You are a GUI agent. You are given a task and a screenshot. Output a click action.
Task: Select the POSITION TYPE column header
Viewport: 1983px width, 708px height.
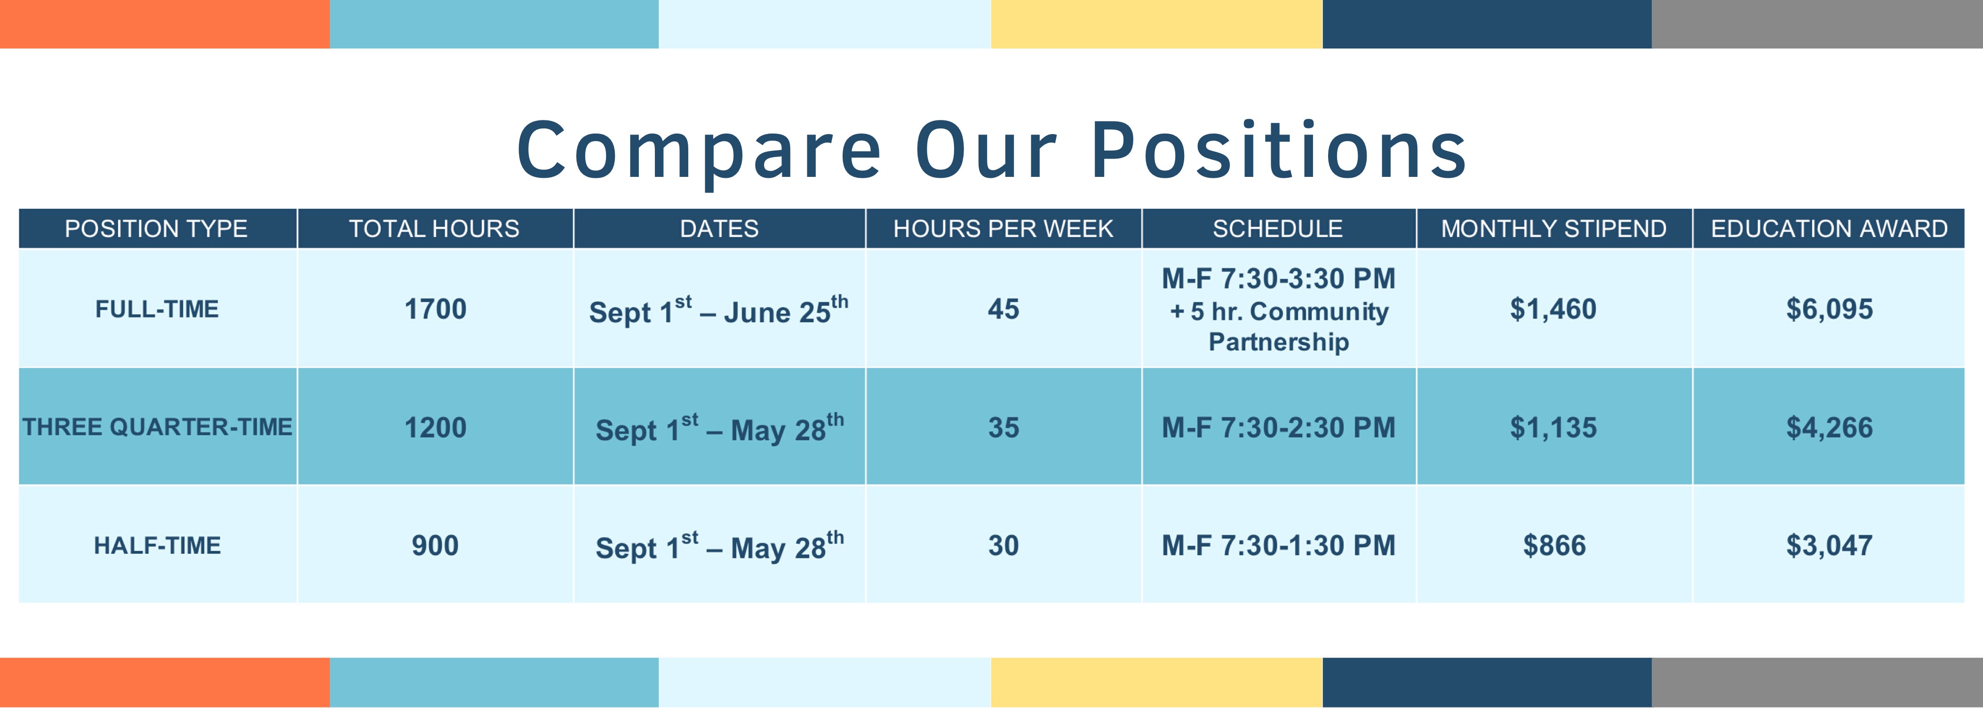pos(156,229)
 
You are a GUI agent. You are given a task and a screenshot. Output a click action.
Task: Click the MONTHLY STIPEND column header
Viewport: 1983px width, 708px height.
pos(1553,229)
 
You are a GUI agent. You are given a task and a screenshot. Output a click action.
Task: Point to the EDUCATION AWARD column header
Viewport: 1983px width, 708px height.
pos(1829,229)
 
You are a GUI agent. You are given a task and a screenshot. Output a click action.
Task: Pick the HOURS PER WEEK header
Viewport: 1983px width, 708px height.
pos(1003,229)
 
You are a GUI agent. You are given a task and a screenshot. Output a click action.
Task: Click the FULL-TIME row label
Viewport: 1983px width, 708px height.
pos(157,309)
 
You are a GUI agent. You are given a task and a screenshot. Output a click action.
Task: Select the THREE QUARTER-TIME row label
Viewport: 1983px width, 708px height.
pos(157,427)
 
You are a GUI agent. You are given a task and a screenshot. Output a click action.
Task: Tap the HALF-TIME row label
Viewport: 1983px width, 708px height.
pos(157,546)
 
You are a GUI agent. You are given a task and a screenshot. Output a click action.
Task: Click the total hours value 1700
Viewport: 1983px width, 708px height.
pos(436,309)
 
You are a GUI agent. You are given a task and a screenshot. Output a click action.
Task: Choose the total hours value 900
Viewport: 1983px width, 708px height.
pos(435,546)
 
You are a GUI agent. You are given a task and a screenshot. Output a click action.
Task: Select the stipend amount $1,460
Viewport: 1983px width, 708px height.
pos(1553,309)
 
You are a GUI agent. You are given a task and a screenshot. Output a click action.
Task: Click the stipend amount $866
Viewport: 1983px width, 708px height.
pos(1554,546)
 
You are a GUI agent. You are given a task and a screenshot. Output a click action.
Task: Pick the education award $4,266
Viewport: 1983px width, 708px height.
pos(1830,427)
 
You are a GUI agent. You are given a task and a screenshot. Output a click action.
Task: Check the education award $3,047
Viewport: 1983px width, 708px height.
pos(1830,546)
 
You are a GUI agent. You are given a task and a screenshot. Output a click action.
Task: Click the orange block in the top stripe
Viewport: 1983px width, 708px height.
pos(165,24)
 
